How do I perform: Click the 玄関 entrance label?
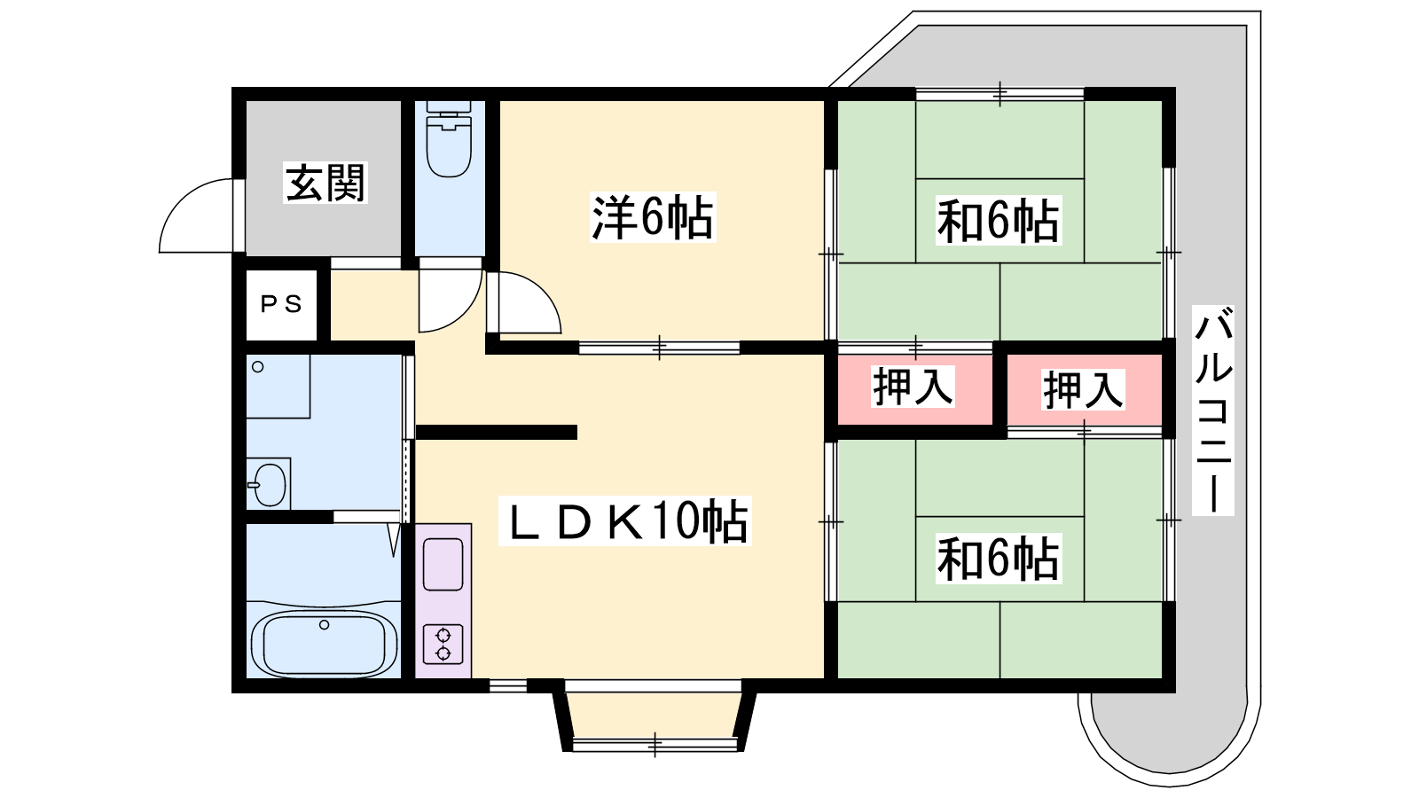coord(325,183)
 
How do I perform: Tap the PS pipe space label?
coord(281,305)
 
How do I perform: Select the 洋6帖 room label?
coord(653,217)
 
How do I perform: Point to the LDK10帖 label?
coord(624,520)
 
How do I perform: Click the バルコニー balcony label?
coord(1213,410)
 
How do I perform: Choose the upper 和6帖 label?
coord(999,221)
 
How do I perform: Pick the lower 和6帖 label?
coord(999,559)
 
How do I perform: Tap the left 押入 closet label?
coord(913,387)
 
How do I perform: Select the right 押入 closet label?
coord(1083,389)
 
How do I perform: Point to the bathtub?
coord(325,643)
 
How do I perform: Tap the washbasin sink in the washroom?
coord(270,484)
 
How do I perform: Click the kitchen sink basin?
coord(443,564)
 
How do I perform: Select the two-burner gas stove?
coord(443,644)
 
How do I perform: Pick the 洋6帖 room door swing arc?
coord(543,292)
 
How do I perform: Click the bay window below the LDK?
coord(655,716)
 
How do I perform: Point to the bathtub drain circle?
coord(325,625)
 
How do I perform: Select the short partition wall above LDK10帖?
coord(496,432)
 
